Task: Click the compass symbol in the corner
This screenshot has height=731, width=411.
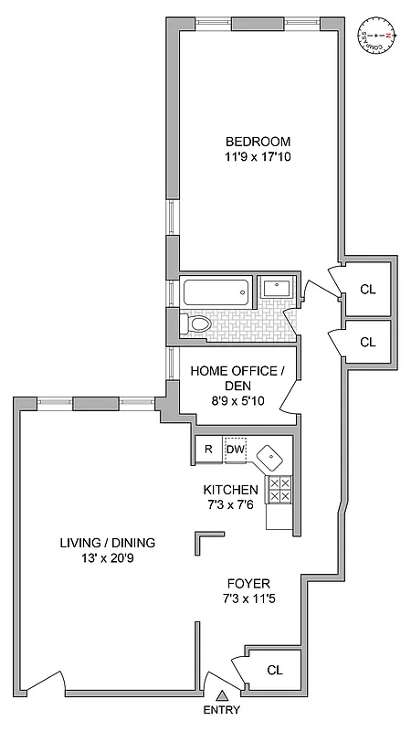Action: click(x=378, y=37)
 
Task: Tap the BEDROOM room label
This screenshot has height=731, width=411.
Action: click(x=258, y=142)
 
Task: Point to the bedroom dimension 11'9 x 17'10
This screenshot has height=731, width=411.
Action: click(x=258, y=157)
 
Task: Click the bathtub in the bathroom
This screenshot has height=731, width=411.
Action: click(x=216, y=293)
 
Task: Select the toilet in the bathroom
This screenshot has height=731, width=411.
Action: click(x=197, y=323)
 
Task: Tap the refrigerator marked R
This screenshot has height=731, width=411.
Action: click(x=207, y=449)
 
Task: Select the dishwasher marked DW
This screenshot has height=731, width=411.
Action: click(x=235, y=449)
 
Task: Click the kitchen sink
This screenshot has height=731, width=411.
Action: click(x=271, y=456)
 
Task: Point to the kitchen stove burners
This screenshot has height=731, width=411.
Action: click(x=279, y=490)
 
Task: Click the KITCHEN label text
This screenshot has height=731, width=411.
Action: click(x=230, y=490)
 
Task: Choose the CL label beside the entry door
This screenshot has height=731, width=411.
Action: click(x=275, y=670)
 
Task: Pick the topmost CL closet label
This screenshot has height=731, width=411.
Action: click(x=368, y=290)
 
